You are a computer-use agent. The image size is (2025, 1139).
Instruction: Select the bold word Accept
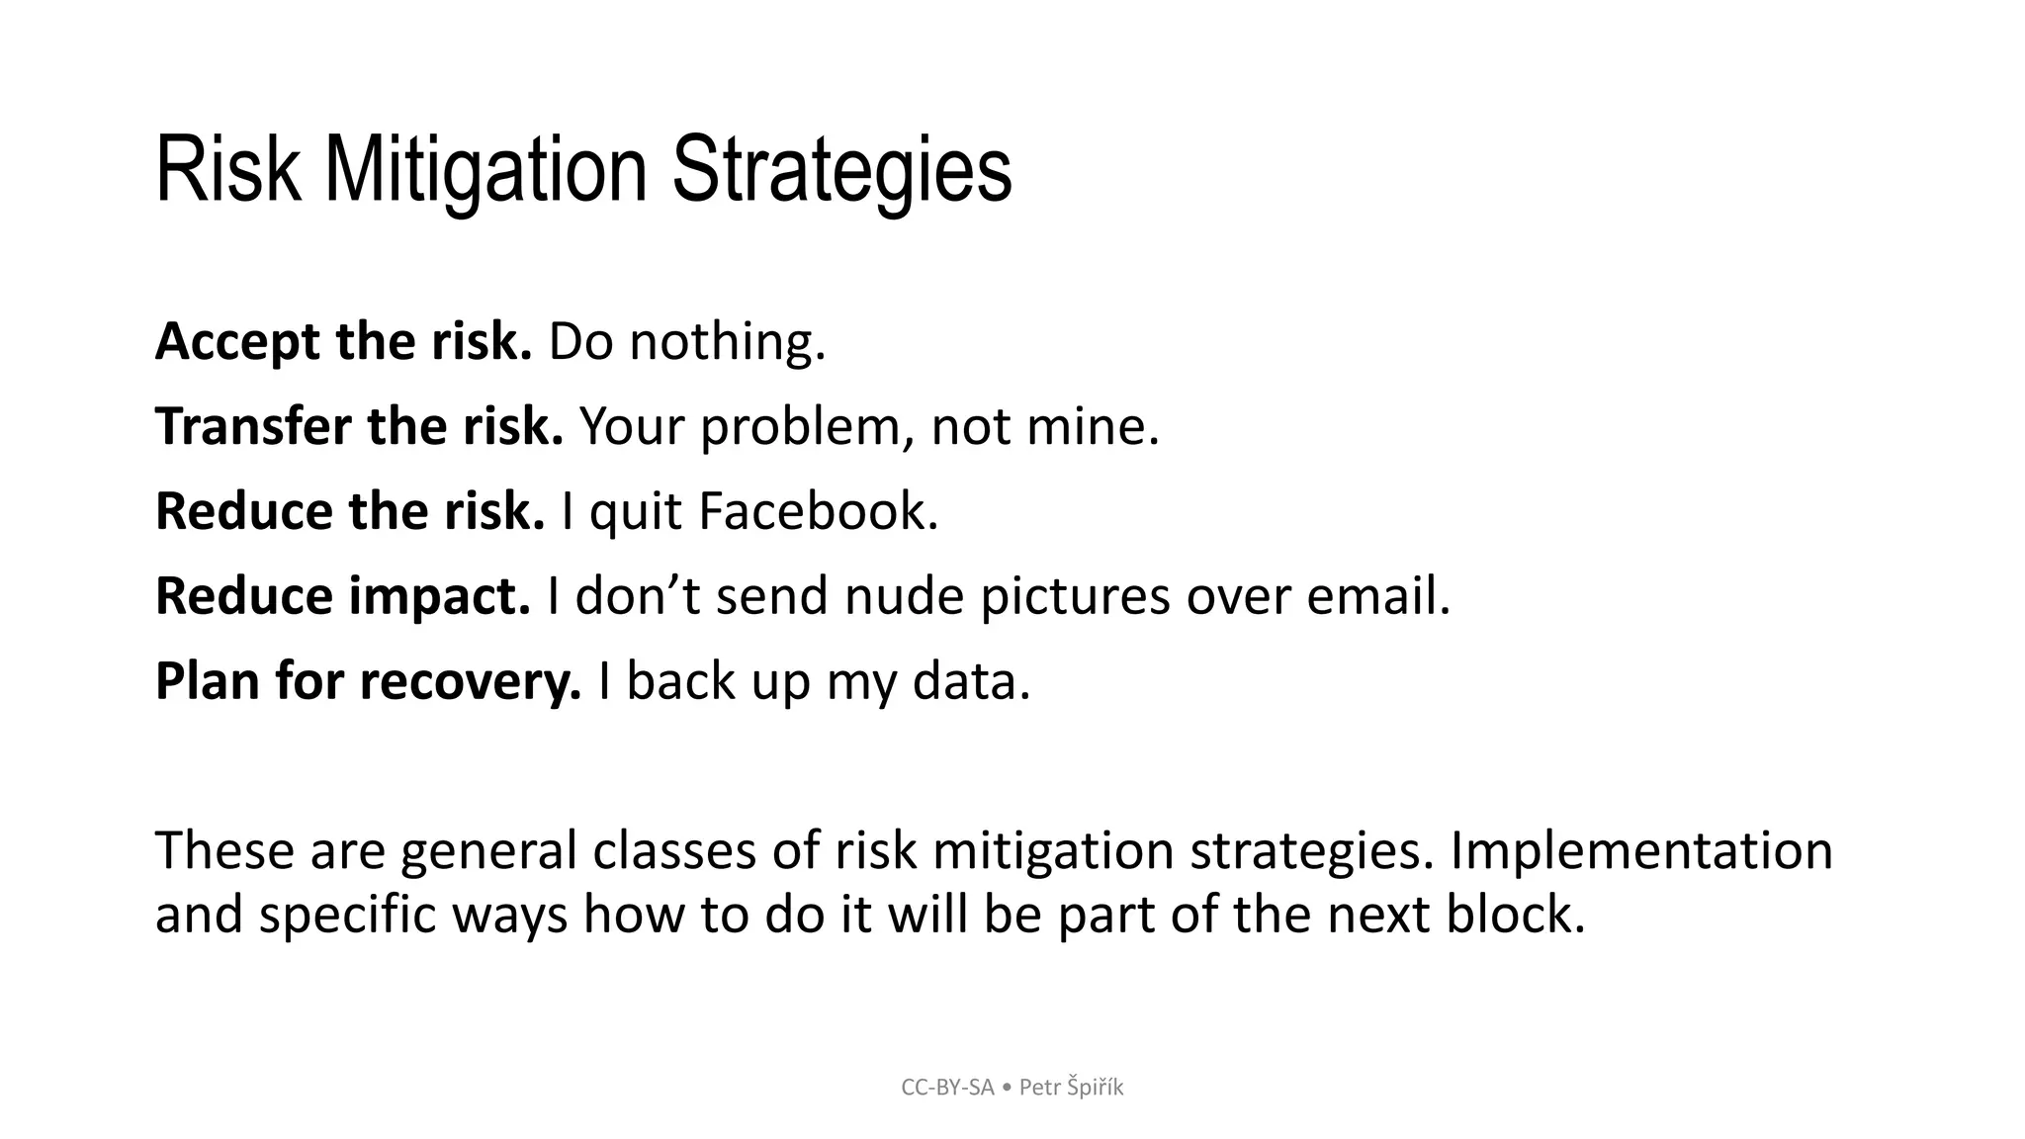[x=237, y=342]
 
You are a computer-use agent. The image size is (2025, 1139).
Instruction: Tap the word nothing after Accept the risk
[x=727, y=342]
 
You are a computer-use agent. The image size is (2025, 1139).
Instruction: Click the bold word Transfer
[x=253, y=427]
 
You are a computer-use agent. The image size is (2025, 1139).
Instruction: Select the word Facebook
[x=817, y=512]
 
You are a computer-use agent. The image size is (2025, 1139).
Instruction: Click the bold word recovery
[x=470, y=682]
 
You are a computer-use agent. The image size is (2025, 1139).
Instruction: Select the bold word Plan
[x=207, y=682]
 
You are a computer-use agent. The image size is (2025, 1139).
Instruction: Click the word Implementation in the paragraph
[x=1640, y=851]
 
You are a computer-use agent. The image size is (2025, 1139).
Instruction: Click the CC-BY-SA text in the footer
[x=947, y=1088]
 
